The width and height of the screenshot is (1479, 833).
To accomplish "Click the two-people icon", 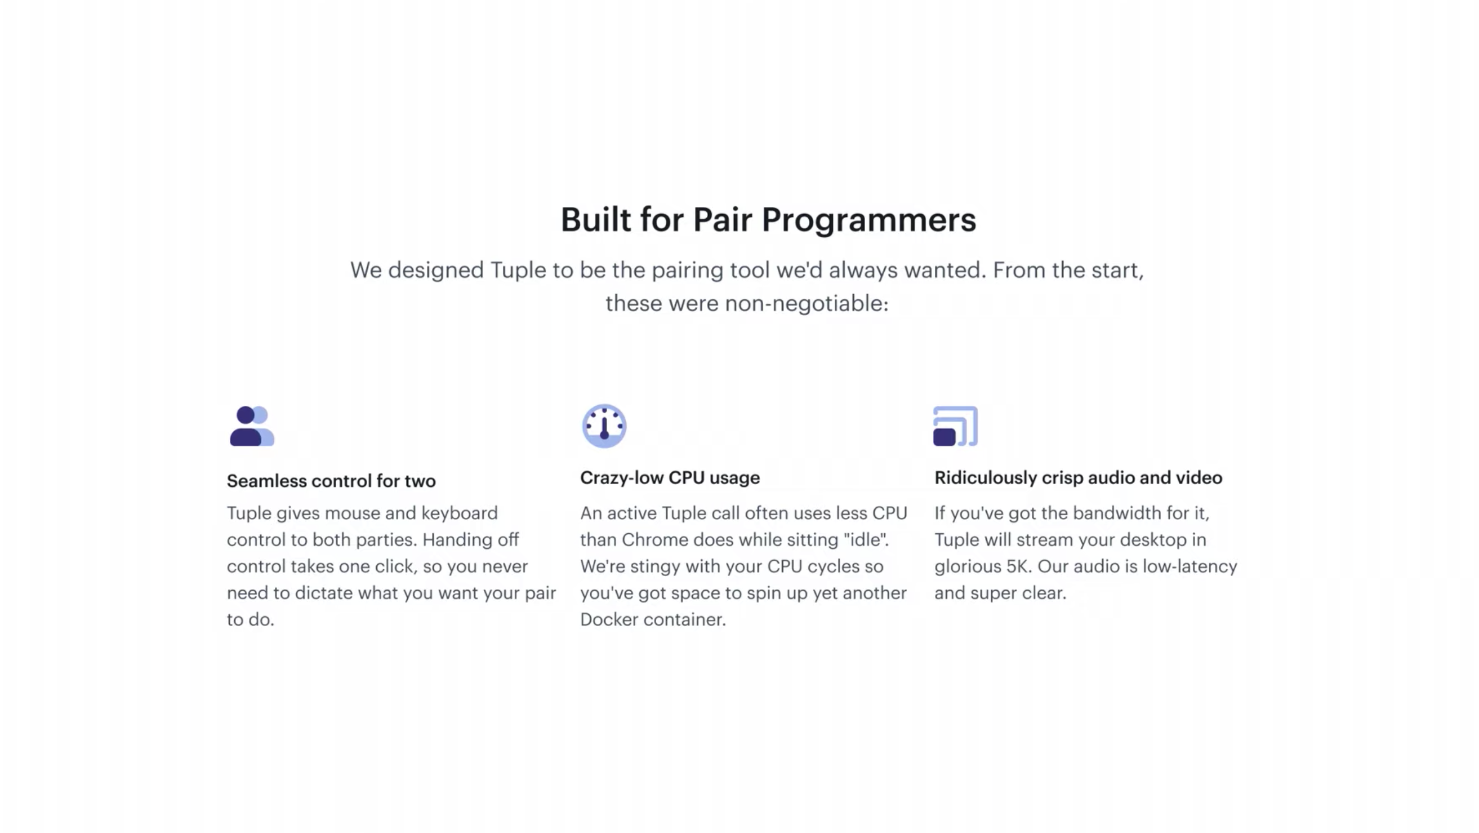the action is coord(252,426).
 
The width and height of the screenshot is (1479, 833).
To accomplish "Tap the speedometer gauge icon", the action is coord(604,426).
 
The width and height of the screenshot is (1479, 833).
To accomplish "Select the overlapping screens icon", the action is coord(955,426).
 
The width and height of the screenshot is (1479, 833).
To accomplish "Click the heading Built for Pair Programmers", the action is coord(768,219).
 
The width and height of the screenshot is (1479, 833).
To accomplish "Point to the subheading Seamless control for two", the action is coord(331,481).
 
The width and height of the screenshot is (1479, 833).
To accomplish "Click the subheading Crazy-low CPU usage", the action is coord(670,477).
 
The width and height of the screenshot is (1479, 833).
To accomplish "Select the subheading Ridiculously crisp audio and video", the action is coord(1078,477).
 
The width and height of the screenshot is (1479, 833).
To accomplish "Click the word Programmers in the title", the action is coord(868,220).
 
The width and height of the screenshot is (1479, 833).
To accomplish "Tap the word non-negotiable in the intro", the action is coord(807,303).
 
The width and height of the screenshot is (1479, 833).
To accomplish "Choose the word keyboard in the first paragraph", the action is coord(460,513).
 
